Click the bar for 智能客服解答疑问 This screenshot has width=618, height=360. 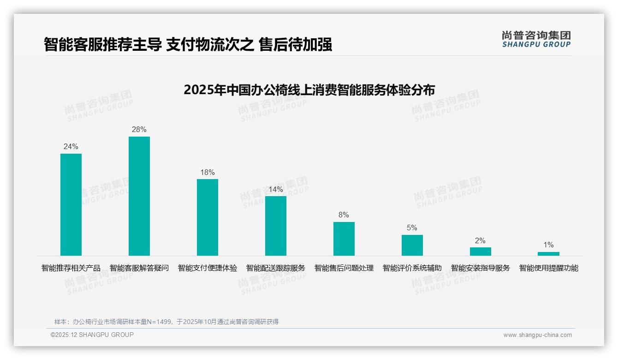139,196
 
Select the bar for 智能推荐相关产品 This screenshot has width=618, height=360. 71,204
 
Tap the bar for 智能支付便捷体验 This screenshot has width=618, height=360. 208,217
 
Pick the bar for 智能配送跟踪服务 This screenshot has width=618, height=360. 276,226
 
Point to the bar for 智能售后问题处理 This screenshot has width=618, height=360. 344,239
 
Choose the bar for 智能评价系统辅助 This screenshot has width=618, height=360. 412,245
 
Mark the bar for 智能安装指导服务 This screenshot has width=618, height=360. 481,252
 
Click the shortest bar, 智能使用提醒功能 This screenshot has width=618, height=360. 548,254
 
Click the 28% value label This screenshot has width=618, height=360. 139,130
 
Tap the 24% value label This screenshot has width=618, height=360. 71,147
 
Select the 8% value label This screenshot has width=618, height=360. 344,215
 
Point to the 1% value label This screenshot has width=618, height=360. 548,245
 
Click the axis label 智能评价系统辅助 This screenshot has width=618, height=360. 412,268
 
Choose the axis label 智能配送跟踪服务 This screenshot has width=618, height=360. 276,268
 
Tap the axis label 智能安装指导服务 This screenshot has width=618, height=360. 481,268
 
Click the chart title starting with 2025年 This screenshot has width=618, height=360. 309,90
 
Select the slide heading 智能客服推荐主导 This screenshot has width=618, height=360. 188,45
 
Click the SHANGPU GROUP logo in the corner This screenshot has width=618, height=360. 536,39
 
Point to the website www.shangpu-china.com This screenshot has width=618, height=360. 537,335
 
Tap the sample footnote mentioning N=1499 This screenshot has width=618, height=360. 166,322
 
